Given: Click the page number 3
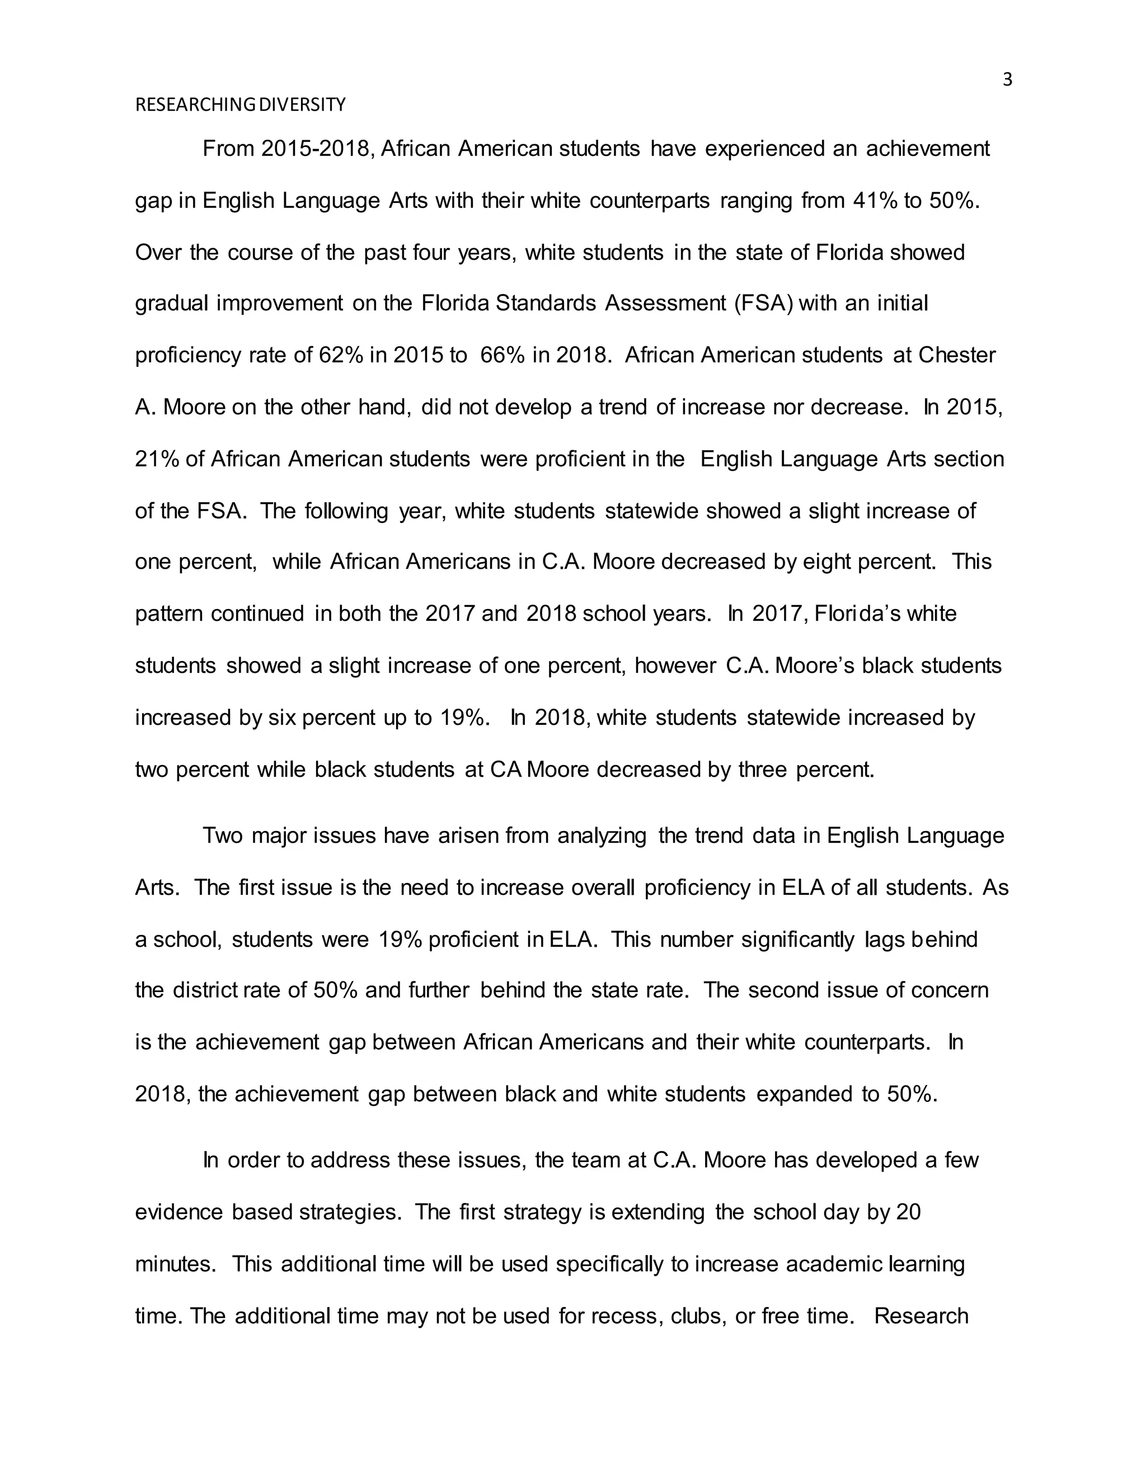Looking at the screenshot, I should pos(1007,80).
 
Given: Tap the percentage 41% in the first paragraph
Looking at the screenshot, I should pos(875,201).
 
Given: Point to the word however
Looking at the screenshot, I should pos(675,666).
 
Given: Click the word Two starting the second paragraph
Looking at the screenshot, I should pos(222,836).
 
